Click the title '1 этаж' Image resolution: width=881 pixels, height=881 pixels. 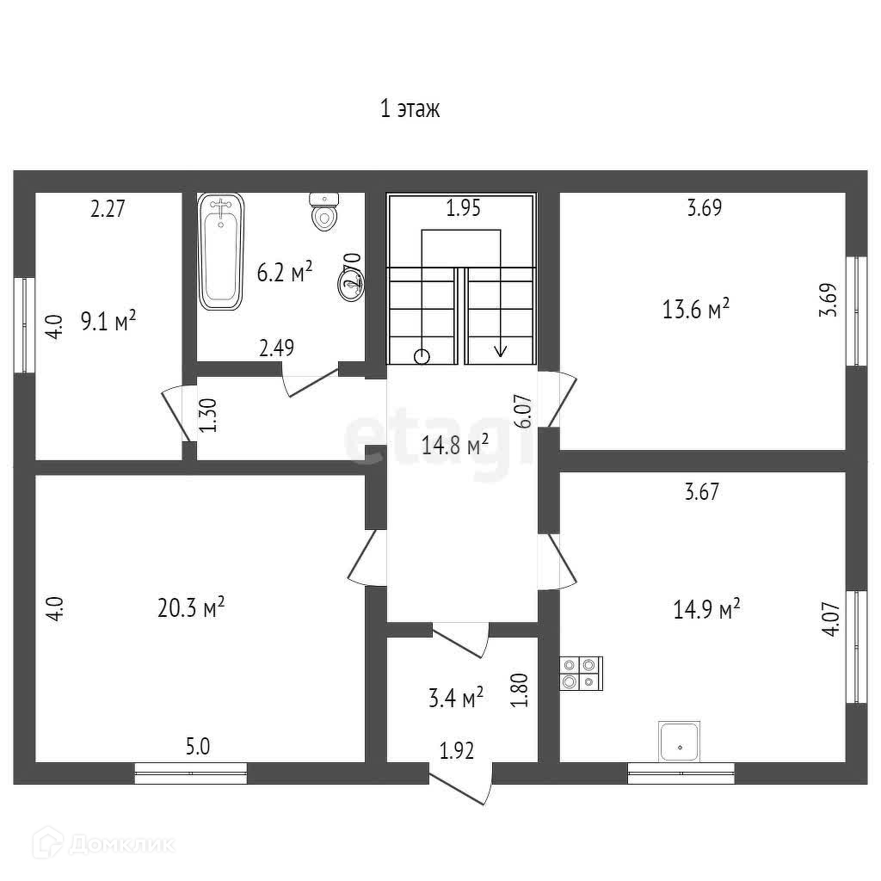(410, 109)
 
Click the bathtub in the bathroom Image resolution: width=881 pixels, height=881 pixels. (221, 251)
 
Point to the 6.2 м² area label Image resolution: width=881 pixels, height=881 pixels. (285, 273)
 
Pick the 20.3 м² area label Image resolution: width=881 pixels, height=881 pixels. (191, 608)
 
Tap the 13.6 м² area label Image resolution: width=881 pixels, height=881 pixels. (696, 310)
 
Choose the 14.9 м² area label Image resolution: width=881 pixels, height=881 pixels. (706, 610)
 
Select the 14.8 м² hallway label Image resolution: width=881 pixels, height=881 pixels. (455, 445)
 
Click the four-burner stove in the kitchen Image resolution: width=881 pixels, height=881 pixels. (581, 672)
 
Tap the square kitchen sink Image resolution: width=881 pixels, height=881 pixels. (679, 742)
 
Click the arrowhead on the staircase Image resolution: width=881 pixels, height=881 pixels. (500, 350)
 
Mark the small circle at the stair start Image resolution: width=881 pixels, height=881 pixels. (422, 355)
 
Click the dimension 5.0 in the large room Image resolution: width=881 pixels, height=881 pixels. (198, 746)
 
